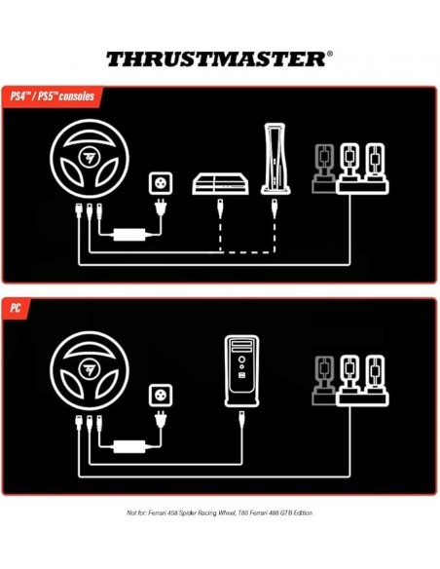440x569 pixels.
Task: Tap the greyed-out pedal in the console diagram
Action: click(320, 168)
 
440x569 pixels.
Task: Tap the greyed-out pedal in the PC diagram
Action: click(320, 376)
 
